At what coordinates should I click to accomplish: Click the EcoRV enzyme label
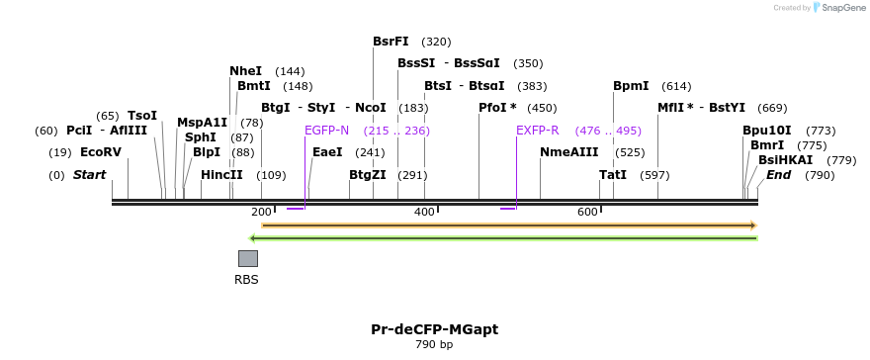coord(100,152)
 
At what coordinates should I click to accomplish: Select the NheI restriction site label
coord(246,71)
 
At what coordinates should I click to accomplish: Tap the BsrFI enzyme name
coord(391,42)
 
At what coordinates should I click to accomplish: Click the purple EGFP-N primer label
coord(326,131)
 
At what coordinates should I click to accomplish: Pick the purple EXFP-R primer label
coord(537,131)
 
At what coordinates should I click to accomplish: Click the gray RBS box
coord(248,258)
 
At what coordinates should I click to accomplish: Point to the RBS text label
coord(246,280)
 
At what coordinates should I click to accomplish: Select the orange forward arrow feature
coord(508,225)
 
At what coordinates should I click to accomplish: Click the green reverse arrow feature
coord(503,238)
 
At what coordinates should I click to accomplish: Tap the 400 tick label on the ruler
coord(424,213)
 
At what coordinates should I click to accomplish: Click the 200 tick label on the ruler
coord(261,213)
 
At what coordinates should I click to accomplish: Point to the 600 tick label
coord(587,213)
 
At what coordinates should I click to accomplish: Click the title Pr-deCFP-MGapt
coord(434,329)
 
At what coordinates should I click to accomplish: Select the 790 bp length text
coord(434,345)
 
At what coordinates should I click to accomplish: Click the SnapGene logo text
coord(841,8)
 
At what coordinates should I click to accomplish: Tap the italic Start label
coord(89,175)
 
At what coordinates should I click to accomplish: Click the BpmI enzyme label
coord(631,86)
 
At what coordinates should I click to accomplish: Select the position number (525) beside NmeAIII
coord(630,152)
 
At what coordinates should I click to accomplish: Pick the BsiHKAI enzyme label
coord(785,160)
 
